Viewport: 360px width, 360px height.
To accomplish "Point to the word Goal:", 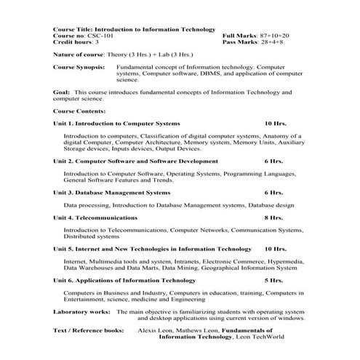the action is point(62,92).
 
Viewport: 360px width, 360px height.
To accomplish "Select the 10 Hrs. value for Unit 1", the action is point(276,124).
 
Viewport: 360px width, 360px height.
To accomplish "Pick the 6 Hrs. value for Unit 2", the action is point(273,161).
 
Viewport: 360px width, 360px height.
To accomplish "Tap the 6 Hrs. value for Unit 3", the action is point(273,192).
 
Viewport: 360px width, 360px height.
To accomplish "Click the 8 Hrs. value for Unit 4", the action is point(273,217).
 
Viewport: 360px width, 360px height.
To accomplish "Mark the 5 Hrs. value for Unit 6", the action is point(273,279).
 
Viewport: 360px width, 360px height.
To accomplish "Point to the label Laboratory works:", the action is point(81,311).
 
